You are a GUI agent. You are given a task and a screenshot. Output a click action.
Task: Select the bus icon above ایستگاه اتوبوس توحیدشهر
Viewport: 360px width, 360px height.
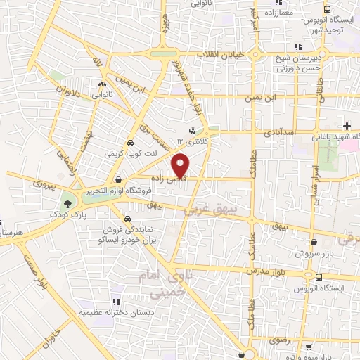point(327,10)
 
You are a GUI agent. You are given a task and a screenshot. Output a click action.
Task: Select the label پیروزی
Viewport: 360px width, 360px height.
point(43,183)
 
